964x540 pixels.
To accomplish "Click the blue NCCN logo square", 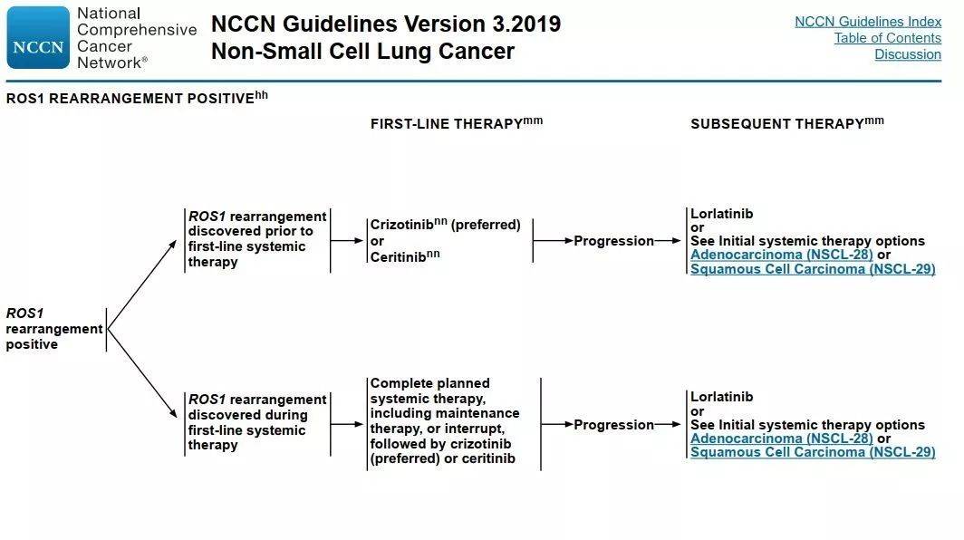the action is (38, 37).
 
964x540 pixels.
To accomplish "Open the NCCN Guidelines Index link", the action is (867, 22).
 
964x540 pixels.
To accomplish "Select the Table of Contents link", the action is (887, 38).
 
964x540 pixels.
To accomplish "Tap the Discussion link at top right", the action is (908, 54).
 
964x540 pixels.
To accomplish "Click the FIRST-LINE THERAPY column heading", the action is (457, 123).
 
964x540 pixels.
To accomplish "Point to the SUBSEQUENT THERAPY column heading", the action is (787, 123).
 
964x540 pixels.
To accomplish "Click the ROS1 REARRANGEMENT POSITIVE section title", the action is (137, 98).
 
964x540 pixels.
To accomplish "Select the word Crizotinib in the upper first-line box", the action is (401, 225).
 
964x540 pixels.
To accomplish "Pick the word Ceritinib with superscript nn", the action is (404, 256).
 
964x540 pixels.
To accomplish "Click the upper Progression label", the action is (613, 241).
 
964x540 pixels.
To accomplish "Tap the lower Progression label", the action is (613, 424).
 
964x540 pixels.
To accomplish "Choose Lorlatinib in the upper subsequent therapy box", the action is (721, 214).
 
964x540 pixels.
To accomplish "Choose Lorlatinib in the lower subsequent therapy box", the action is (721, 397).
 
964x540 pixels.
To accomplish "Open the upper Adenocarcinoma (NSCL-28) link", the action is (781, 255).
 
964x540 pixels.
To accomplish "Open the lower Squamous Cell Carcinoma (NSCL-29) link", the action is (813, 452).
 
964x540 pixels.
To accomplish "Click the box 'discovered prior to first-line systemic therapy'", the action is (257, 239).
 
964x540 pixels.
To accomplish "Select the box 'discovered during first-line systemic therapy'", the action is (257, 422).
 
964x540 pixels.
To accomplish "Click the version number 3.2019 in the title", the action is (526, 24).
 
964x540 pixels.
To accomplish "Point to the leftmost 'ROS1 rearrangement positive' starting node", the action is (54, 328).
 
